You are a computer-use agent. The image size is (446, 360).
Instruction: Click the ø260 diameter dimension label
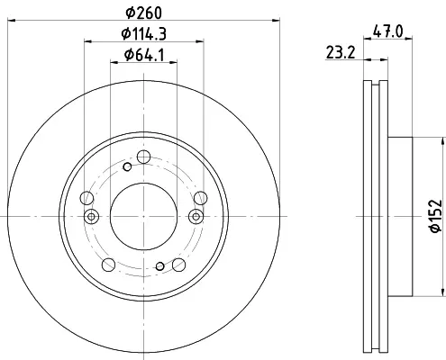coord(144,13)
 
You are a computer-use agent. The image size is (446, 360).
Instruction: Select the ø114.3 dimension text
coord(144,33)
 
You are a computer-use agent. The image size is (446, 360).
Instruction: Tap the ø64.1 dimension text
coord(144,55)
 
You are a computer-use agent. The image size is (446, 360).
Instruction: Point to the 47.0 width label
coord(387,31)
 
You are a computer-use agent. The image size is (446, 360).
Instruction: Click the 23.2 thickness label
coord(341,52)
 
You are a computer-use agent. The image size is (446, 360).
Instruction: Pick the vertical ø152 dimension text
coord(436,216)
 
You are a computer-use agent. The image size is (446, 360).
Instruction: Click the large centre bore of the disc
coord(143,216)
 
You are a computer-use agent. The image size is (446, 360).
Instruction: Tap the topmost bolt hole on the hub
coord(143,157)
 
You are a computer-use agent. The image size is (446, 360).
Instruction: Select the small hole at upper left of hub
coord(127,166)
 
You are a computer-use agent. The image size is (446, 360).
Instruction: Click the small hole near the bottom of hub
coord(160,265)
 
